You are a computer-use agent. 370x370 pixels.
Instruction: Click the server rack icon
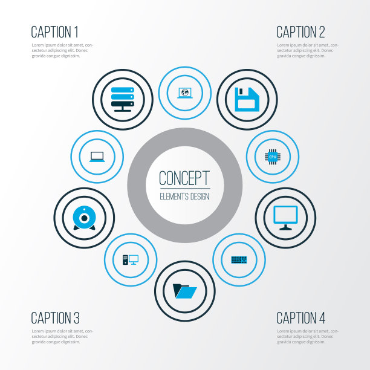123,99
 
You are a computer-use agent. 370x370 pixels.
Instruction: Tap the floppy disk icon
247,99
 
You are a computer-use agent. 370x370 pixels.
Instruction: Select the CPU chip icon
273,157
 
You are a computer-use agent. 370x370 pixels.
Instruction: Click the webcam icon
84,218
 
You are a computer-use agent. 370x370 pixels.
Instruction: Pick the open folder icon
185,291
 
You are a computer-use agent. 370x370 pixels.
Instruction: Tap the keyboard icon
239,260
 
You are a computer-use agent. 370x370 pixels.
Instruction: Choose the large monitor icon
285,218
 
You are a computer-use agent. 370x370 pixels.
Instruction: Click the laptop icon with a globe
185,93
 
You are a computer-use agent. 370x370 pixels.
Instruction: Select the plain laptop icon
97,157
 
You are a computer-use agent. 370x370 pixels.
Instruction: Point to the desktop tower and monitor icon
131,260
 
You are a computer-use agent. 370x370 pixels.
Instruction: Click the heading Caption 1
54,32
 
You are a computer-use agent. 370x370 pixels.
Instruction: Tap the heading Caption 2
300,32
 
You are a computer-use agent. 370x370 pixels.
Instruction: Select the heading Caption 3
55,317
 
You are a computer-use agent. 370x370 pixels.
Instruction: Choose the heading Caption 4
301,317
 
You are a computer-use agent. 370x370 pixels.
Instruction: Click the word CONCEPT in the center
184,178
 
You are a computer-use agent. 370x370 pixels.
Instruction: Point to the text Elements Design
184,196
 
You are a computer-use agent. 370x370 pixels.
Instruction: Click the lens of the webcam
84,218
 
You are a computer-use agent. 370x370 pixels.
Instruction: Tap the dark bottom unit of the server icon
123,104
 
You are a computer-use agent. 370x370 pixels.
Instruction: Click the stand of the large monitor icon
285,227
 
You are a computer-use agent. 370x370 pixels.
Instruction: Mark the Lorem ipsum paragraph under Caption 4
308,336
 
